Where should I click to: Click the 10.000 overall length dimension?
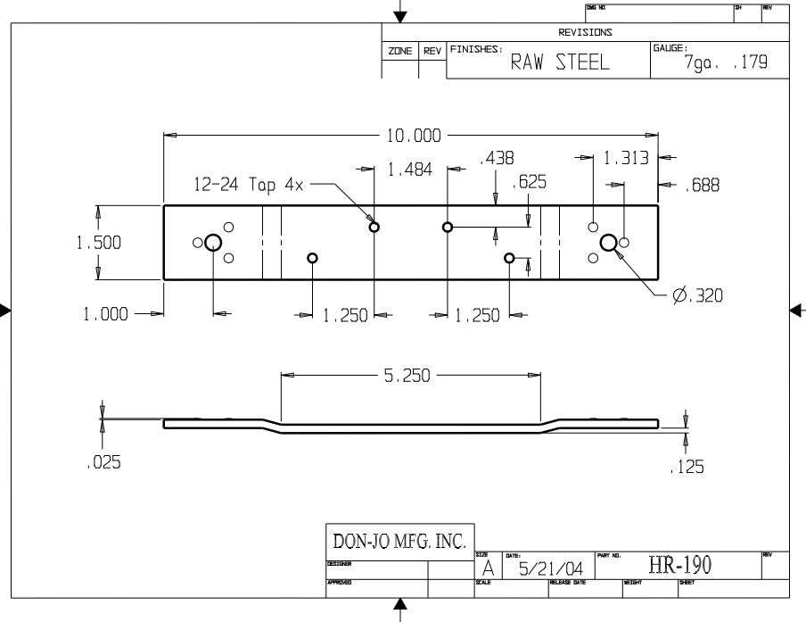413,136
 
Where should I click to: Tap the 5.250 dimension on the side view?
407,376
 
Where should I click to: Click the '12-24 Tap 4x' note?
250,185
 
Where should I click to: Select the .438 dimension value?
497,158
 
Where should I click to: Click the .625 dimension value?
530,183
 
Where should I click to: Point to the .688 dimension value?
702,185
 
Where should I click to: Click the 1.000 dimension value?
106,314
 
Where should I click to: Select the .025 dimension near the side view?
104,462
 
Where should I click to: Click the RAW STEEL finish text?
559,62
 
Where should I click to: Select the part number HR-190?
680,564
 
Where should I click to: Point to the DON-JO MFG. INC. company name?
399,541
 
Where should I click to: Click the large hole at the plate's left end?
213,242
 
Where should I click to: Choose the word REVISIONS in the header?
585,32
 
